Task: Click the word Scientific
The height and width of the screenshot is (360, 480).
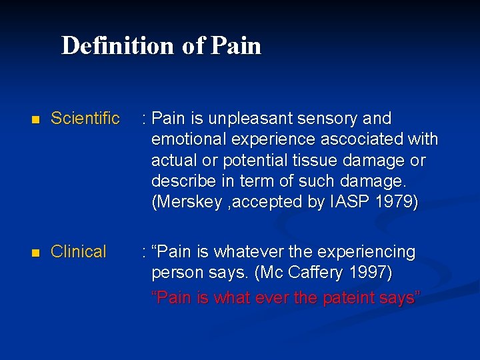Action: click(x=85, y=119)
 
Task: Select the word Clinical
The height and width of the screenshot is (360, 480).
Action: click(x=79, y=252)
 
